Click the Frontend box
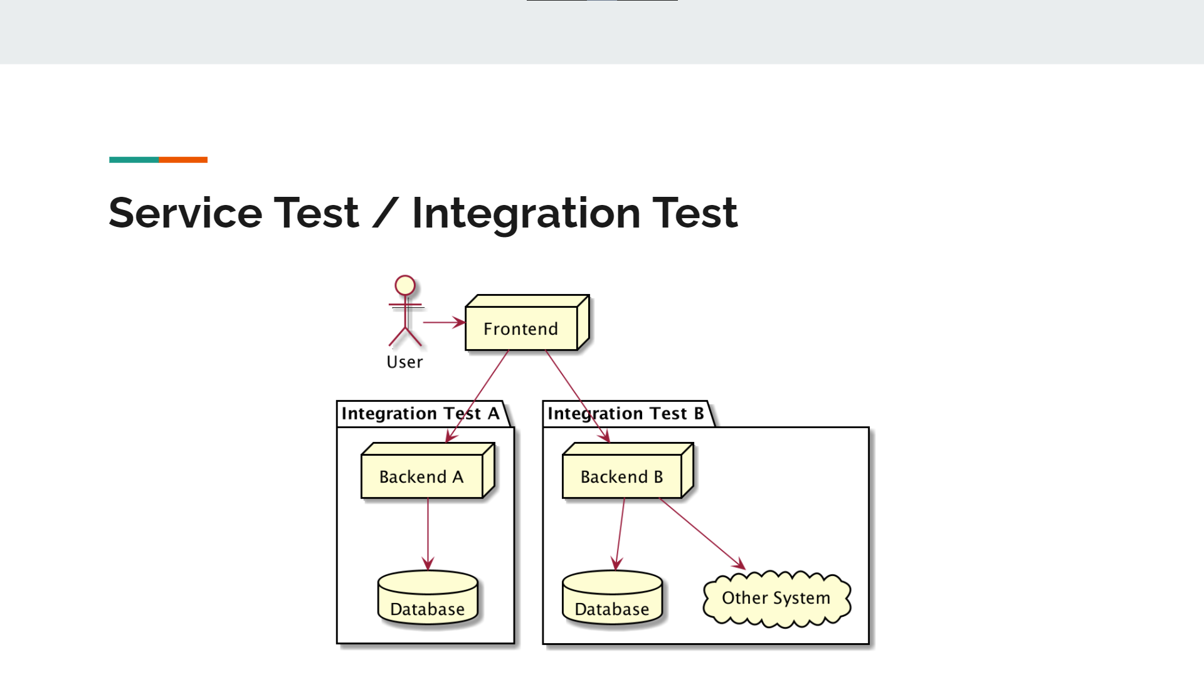(521, 328)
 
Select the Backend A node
(421, 476)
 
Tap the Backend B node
(621, 476)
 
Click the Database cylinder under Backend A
(428, 600)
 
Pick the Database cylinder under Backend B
(612, 600)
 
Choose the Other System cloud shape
(776, 598)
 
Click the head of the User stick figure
(405, 285)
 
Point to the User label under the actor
(404, 362)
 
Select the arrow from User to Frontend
(443, 322)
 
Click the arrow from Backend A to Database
(428, 533)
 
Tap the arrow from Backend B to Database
(620, 533)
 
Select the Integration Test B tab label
(625, 414)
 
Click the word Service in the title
(185, 213)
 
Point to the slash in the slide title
(385, 213)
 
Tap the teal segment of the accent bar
(134, 160)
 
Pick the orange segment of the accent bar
(183, 160)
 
